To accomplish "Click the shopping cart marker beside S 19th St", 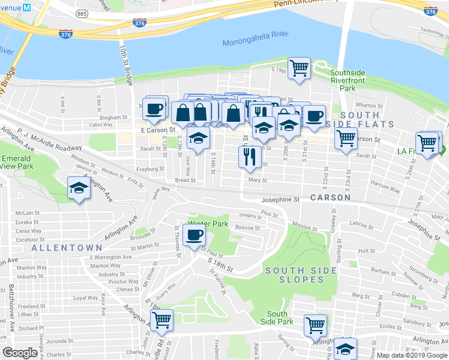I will click(299, 68).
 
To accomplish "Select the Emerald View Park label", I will click(16, 162).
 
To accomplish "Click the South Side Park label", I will click(277, 318).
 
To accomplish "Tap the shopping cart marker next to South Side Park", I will click(315, 325).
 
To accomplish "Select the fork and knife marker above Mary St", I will click(249, 157).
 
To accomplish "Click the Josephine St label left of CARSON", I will click(280, 199).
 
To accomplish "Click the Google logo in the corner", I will click(20, 353).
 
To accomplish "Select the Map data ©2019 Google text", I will click(412, 355).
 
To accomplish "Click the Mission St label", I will click(304, 228).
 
